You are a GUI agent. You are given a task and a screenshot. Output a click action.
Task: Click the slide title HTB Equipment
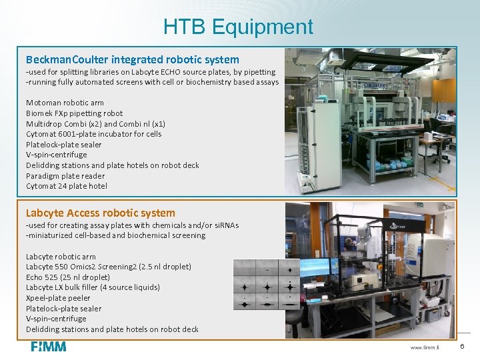[x=238, y=27]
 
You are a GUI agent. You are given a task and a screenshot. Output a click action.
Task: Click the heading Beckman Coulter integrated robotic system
[x=132, y=59]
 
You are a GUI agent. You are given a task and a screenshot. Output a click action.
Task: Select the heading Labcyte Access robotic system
[x=101, y=213]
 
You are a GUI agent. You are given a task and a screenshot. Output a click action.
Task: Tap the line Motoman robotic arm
[x=65, y=103]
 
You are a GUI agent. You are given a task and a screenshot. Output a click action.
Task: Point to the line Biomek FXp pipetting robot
[x=74, y=113]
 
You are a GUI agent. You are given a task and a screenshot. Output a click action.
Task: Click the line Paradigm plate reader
[x=65, y=176]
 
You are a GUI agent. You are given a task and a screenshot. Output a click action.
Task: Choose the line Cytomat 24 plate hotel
[x=67, y=186]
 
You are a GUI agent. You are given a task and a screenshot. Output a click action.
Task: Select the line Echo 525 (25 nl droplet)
[x=68, y=277]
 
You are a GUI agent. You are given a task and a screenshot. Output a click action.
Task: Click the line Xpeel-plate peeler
[x=58, y=298]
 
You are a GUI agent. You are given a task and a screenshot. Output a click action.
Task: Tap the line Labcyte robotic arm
[x=61, y=256]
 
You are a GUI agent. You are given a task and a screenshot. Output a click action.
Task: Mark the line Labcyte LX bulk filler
[x=93, y=287]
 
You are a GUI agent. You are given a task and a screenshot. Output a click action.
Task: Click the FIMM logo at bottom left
[x=49, y=346]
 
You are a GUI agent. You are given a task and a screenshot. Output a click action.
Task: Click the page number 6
[x=462, y=347]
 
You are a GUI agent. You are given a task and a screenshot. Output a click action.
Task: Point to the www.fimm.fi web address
[x=425, y=347]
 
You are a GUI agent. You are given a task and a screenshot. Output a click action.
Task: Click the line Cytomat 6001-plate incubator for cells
[x=93, y=134]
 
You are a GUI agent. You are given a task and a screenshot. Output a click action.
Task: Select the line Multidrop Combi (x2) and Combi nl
[x=95, y=123]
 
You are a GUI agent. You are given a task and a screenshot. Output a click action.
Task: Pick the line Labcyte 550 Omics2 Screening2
[x=108, y=267]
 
